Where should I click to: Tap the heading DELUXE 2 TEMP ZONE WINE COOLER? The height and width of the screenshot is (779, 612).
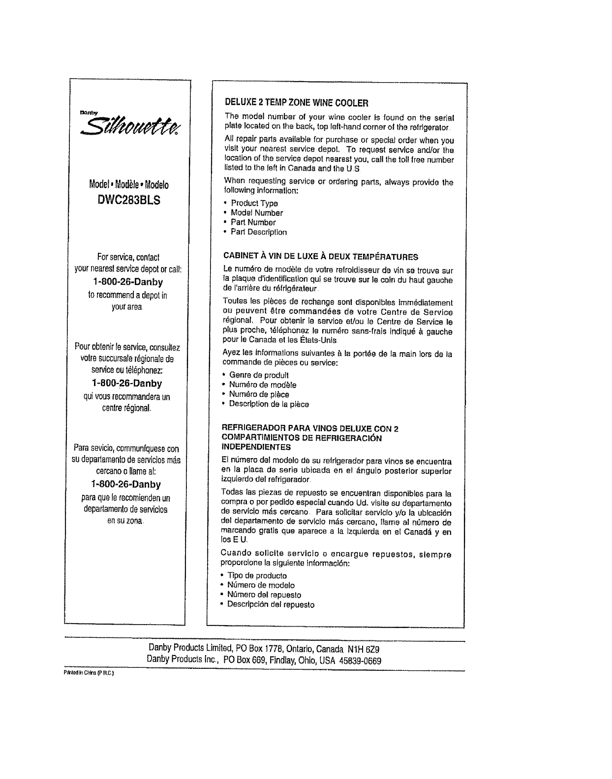pyautogui.click(x=296, y=103)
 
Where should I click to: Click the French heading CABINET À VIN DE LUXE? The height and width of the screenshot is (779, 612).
pyautogui.click(x=321, y=257)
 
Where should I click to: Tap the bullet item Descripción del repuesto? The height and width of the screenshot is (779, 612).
pyautogui.click(x=271, y=604)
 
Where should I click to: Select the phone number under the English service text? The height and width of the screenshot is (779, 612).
pyautogui.click(x=127, y=282)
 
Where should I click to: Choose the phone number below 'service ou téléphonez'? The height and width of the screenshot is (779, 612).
pyautogui.click(x=127, y=383)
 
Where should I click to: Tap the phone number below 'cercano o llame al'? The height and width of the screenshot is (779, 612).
pyautogui.click(x=127, y=484)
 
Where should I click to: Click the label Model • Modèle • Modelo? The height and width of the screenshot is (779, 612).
pyautogui.click(x=129, y=185)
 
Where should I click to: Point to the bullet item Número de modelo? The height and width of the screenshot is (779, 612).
pyautogui.click(x=261, y=585)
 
